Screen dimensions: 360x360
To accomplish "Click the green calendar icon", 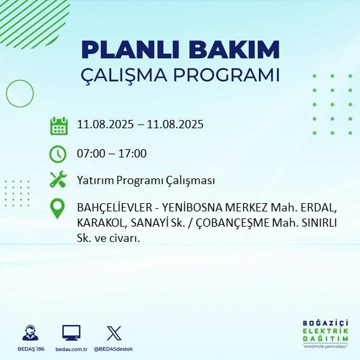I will pyautogui.click(x=58, y=126).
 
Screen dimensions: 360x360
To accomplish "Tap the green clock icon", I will pyautogui.click(x=58, y=154).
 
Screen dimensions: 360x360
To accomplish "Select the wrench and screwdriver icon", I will pyautogui.click(x=58, y=180).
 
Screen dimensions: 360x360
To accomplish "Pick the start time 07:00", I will pyautogui.click(x=90, y=154).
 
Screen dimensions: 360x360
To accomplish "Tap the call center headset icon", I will pyautogui.click(x=29, y=333).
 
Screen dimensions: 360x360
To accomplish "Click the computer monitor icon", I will pyautogui.click(x=71, y=333).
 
